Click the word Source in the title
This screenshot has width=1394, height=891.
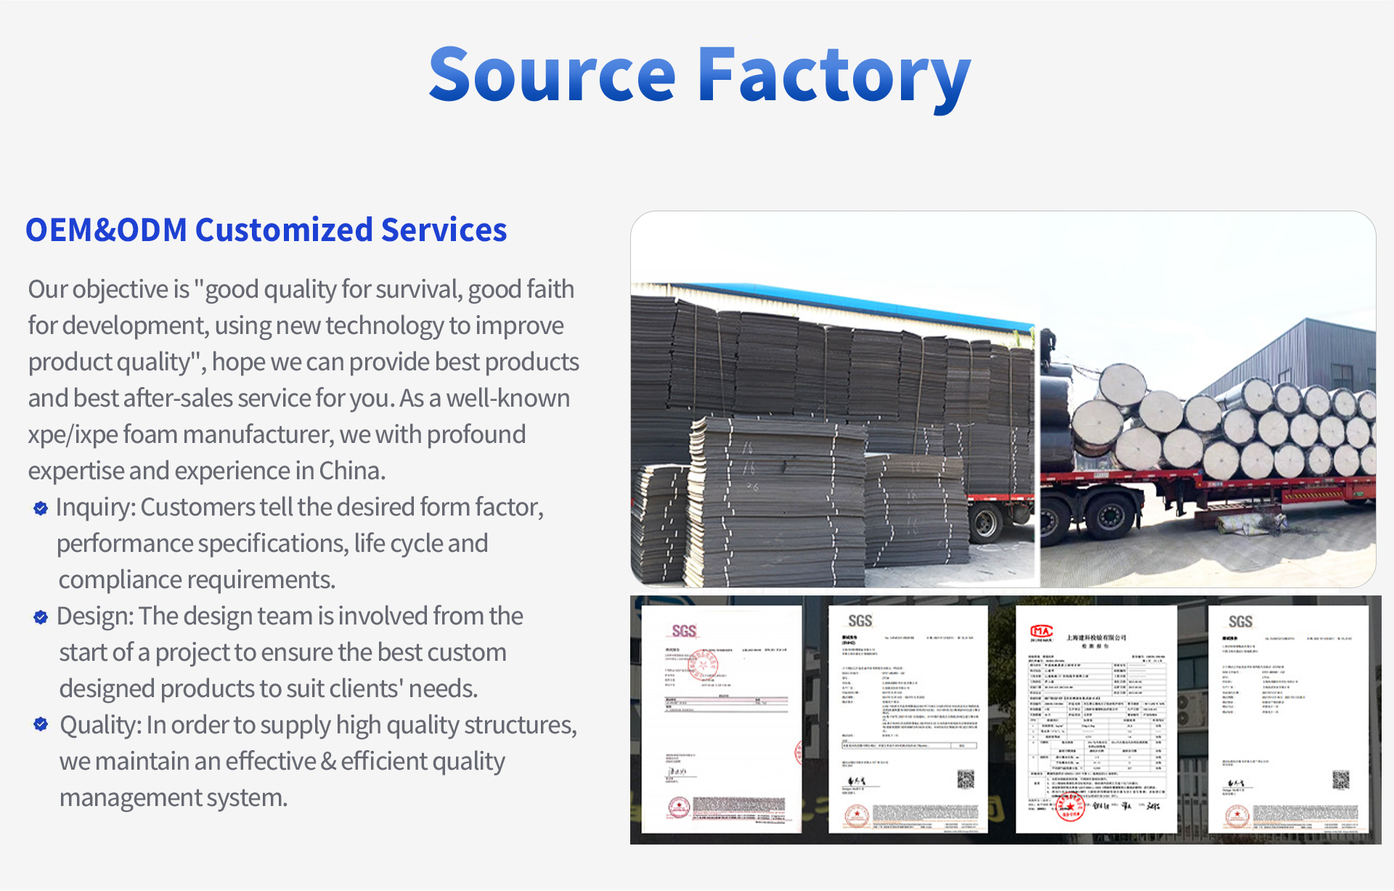[x=552, y=75]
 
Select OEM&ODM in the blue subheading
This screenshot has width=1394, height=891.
[x=106, y=230]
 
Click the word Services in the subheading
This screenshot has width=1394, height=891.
[x=444, y=230]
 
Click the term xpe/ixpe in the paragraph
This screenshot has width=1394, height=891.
[x=73, y=435]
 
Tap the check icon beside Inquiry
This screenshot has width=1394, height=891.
[x=41, y=508]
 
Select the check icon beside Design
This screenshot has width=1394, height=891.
[x=41, y=617]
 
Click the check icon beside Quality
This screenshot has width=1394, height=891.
[x=41, y=724]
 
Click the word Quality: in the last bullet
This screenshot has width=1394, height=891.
[x=101, y=725]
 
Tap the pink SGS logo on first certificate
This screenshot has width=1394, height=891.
[x=684, y=631]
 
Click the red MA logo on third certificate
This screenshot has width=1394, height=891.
[x=1041, y=632]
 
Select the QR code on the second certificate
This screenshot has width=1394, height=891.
[x=965, y=780]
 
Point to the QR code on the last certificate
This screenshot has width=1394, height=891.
[x=1340, y=780]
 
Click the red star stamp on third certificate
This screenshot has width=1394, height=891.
[x=1069, y=807]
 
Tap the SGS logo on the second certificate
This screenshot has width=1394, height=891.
[x=860, y=621]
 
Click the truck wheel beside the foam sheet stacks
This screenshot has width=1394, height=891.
[x=985, y=523]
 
